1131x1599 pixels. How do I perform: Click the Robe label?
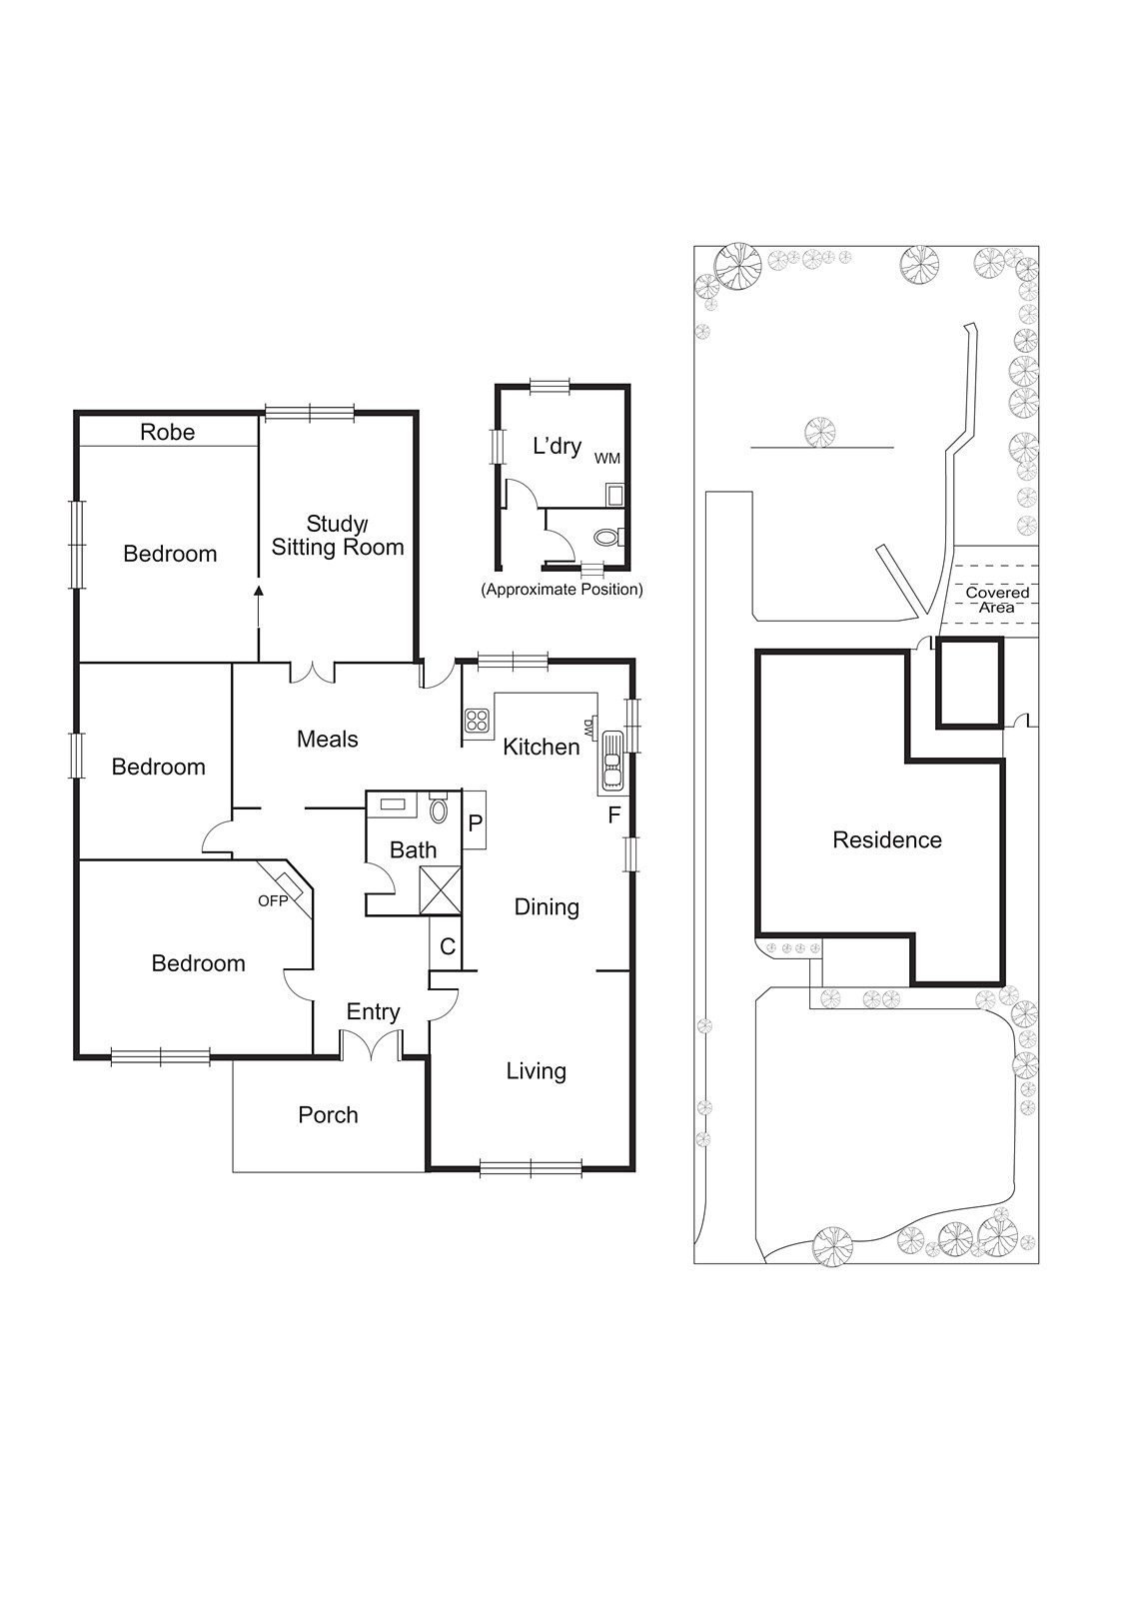[167, 432]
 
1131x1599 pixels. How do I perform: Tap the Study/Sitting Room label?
[338, 536]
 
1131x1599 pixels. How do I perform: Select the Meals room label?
[328, 739]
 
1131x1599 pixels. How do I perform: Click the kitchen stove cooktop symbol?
[477, 721]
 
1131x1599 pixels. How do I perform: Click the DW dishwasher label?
[588, 728]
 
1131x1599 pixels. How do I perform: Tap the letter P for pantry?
[476, 823]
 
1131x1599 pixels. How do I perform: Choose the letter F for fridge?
[614, 815]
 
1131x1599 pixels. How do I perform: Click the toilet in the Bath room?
[439, 808]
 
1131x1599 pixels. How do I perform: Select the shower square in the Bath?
[441, 889]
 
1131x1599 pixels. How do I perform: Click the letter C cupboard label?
[448, 946]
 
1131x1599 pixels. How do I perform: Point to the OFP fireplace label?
[273, 900]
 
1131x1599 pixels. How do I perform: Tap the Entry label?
[374, 1012]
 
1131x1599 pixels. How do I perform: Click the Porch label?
[329, 1115]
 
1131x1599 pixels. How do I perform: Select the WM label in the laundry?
[607, 459]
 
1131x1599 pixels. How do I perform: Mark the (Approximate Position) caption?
[563, 590]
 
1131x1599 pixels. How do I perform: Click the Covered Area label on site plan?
[997, 600]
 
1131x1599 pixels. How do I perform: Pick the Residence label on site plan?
[887, 840]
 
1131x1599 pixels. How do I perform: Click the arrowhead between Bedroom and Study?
[259, 591]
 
